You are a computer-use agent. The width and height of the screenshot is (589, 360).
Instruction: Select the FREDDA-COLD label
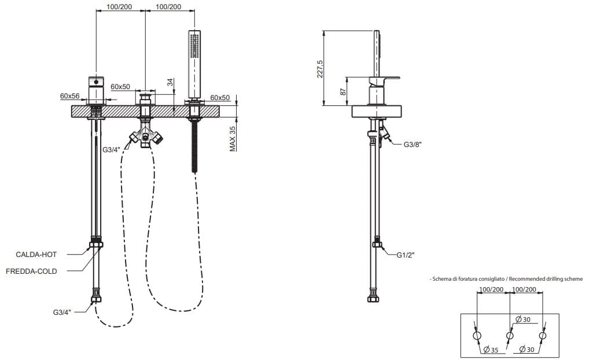point(32,271)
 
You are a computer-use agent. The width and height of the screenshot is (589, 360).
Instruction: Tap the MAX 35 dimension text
point(233,138)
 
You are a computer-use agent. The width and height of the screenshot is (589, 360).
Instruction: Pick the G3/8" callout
point(413,145)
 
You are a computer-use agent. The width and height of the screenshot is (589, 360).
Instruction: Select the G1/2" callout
point(406,254)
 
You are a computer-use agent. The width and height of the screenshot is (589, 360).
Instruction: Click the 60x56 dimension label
point(69,96)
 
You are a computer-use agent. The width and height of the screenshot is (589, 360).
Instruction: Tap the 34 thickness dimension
point(171,83)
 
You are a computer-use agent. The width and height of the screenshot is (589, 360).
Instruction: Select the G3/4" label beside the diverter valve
point(111,150)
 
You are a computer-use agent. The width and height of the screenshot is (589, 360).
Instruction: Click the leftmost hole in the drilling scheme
point(477,336)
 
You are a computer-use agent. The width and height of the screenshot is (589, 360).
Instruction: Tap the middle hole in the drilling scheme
point(510,336)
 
